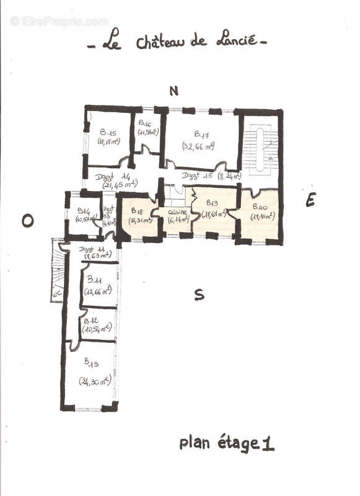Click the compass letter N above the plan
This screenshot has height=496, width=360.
(174, 91)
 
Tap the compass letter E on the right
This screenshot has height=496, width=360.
(310, 200)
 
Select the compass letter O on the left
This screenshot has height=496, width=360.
(27, 221)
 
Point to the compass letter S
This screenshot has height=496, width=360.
(199, 295)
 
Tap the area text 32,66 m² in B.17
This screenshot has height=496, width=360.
(198, 146)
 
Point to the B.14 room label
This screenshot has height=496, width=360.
(84, 209)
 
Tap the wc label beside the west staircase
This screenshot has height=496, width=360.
(56, 295)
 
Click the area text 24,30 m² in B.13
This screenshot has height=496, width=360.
(95, 381)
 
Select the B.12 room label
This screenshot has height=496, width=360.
(91, 321)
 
